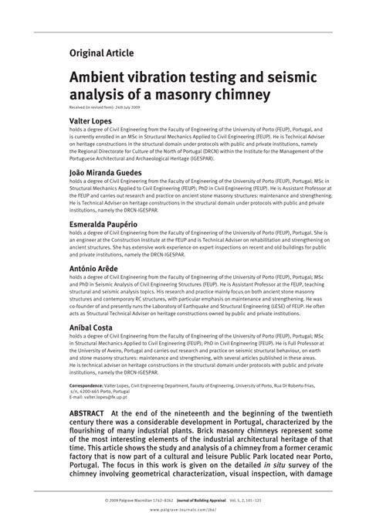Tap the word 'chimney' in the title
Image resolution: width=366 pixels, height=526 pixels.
(239, 97)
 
